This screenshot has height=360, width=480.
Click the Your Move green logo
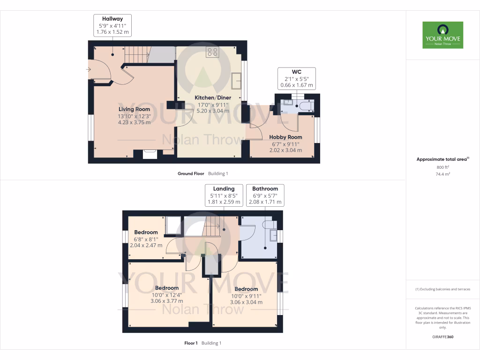pos(442,35)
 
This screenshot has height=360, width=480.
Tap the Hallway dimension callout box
pos(112,25)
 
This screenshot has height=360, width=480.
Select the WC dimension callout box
pos(296,78)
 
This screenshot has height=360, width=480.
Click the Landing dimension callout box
pos(224,195)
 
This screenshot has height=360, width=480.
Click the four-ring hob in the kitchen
pos(212,52)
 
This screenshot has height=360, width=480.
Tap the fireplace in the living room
pos(150,154)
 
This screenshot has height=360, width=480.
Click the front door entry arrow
pos(89,70)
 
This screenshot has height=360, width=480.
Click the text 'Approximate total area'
pos(442,159)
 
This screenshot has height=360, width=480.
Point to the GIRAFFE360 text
pos(443,337)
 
